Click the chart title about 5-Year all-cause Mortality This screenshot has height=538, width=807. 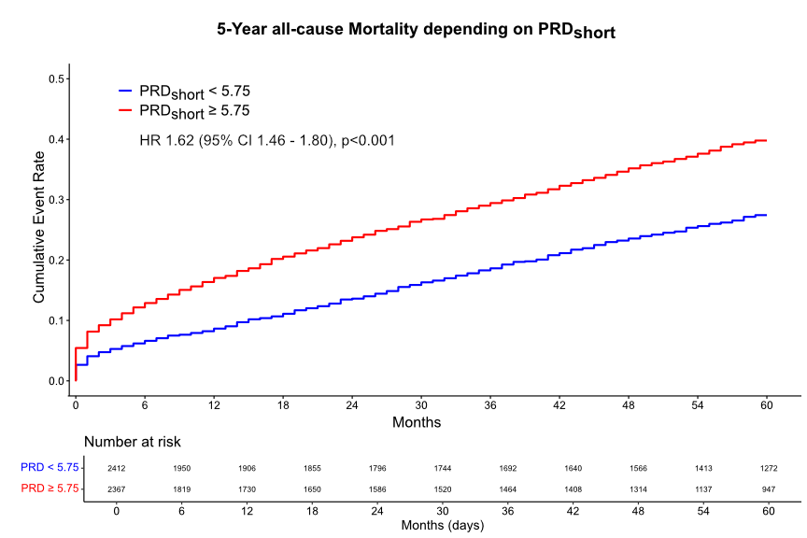point(416,31)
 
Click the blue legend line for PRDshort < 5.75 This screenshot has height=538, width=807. point(126,92)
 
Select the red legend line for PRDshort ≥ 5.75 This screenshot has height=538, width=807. point(126,111)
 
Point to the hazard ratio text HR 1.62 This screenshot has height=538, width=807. point(266,141)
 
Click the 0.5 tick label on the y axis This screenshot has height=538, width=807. point(56,79)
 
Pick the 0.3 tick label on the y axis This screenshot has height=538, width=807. point(56,200)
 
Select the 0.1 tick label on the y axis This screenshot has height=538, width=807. point(56,320)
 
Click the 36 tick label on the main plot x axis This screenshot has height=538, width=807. point(490,405)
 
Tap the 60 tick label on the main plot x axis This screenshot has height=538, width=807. point(767,405)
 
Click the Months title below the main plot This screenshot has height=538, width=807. point(417,422)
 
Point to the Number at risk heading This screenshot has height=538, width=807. point(133,442)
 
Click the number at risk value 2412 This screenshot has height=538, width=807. point(116,468)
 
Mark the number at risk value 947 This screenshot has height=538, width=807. point(769,488)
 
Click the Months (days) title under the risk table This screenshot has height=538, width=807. point(442,526)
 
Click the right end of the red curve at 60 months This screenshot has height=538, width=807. point(767,140)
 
